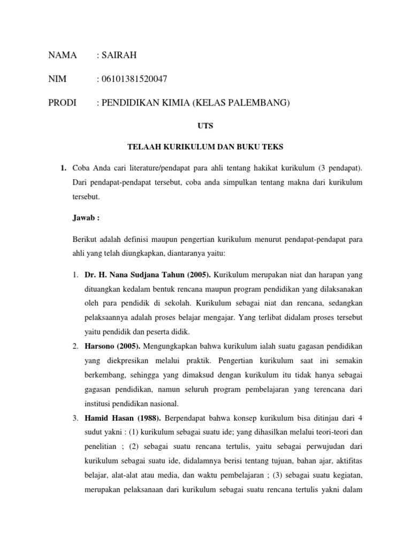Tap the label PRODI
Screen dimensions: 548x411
pos(63,102)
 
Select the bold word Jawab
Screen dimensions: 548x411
pos(85,218)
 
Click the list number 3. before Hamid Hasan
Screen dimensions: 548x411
pos(75,417)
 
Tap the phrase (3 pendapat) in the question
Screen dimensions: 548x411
pos(340,168)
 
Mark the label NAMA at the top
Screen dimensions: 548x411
pos(63,55)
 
